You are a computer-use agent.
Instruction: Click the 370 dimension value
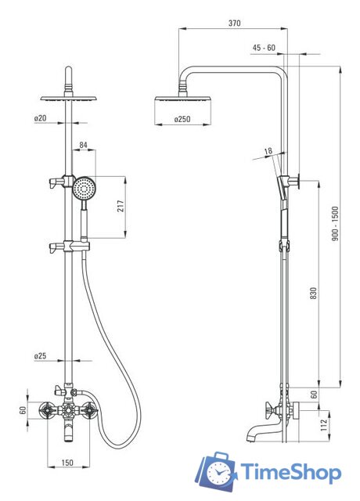(235, 23)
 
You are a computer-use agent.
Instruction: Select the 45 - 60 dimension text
(264, 48)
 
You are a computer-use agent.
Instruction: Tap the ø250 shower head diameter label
(182, 119)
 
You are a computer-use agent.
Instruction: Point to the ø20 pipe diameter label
(40, 118)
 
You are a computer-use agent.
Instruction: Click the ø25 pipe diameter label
(40, 355)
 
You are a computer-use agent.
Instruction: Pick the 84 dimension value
(84, 145)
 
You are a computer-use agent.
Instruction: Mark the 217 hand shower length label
(121, 207)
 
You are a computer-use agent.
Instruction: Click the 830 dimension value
(314, 294)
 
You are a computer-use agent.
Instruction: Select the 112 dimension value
(324, 425)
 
